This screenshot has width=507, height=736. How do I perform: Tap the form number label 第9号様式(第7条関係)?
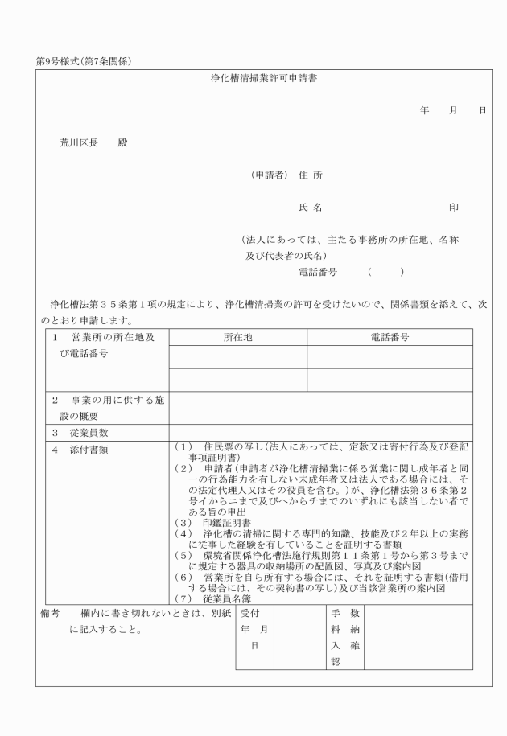pyautogui.click(x=84, y=60)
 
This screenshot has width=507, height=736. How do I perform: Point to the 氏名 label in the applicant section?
pyautogui.click(x=311, y=208)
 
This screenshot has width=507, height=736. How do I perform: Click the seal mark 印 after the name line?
pyautogui.click(x=454, y=208)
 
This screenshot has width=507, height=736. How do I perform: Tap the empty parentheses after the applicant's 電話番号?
pyautogui.click(x=385, y=272)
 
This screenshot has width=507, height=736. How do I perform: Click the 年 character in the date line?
pyautogui.click(x=424, y=111)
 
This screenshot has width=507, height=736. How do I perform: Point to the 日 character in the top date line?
pyautogui.click(x=482, y=111)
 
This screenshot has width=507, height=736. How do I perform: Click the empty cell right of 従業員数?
pyautogui.click(x=320, y=432)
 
